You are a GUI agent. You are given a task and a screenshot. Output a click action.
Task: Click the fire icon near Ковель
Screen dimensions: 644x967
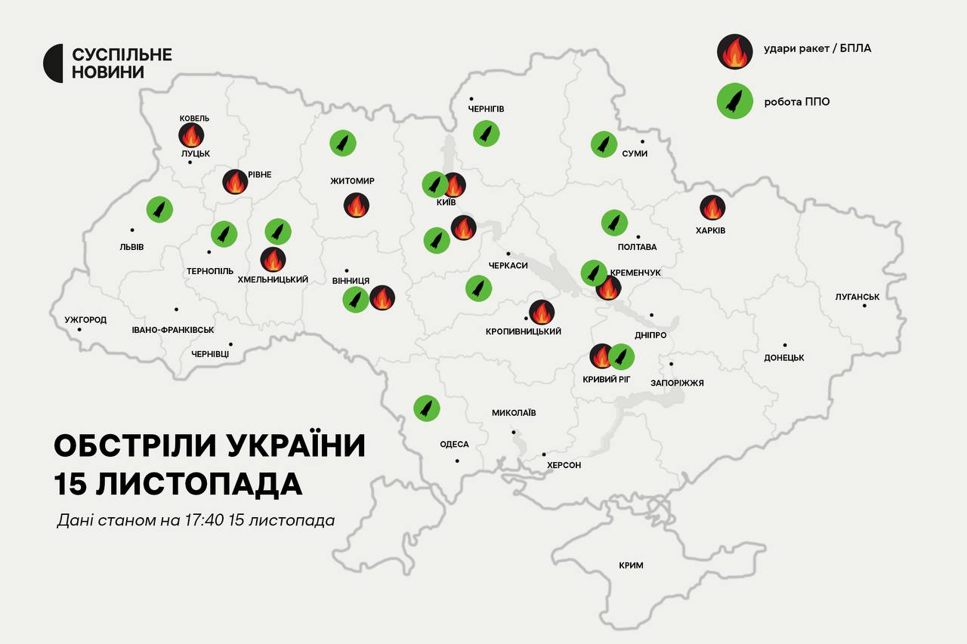191,136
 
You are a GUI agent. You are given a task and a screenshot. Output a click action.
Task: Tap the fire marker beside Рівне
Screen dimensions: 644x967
235,182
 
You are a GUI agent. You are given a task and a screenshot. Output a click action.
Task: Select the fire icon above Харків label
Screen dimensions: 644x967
712,208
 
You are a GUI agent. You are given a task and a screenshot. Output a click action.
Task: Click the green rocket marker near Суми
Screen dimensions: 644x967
604,144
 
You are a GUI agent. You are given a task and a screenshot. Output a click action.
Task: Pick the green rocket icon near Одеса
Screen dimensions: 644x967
427,408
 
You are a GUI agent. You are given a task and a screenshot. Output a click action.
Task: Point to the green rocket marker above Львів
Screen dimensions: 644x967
159,209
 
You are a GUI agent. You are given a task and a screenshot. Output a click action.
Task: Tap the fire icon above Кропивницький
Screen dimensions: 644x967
542,312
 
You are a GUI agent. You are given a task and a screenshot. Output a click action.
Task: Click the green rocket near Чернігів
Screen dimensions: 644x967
487,134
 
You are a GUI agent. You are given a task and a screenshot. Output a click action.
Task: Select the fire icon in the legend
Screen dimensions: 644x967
734,52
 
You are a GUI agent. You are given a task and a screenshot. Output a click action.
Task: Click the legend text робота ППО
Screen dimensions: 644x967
798,101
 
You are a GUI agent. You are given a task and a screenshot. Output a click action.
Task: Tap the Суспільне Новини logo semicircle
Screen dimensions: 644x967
53,63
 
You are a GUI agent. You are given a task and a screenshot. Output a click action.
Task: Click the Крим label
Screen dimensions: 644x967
631,565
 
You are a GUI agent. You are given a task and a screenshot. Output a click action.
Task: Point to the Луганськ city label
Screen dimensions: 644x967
857,297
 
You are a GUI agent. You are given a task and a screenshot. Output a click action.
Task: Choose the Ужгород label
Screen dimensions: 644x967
85,319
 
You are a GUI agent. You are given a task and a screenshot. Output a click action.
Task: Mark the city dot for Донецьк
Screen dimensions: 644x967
785,345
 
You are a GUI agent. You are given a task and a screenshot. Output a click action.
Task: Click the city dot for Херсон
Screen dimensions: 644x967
544,454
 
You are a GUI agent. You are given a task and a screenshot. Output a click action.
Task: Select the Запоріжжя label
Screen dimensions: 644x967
677,383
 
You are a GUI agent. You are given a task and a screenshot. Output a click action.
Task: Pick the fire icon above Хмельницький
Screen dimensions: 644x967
273,260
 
